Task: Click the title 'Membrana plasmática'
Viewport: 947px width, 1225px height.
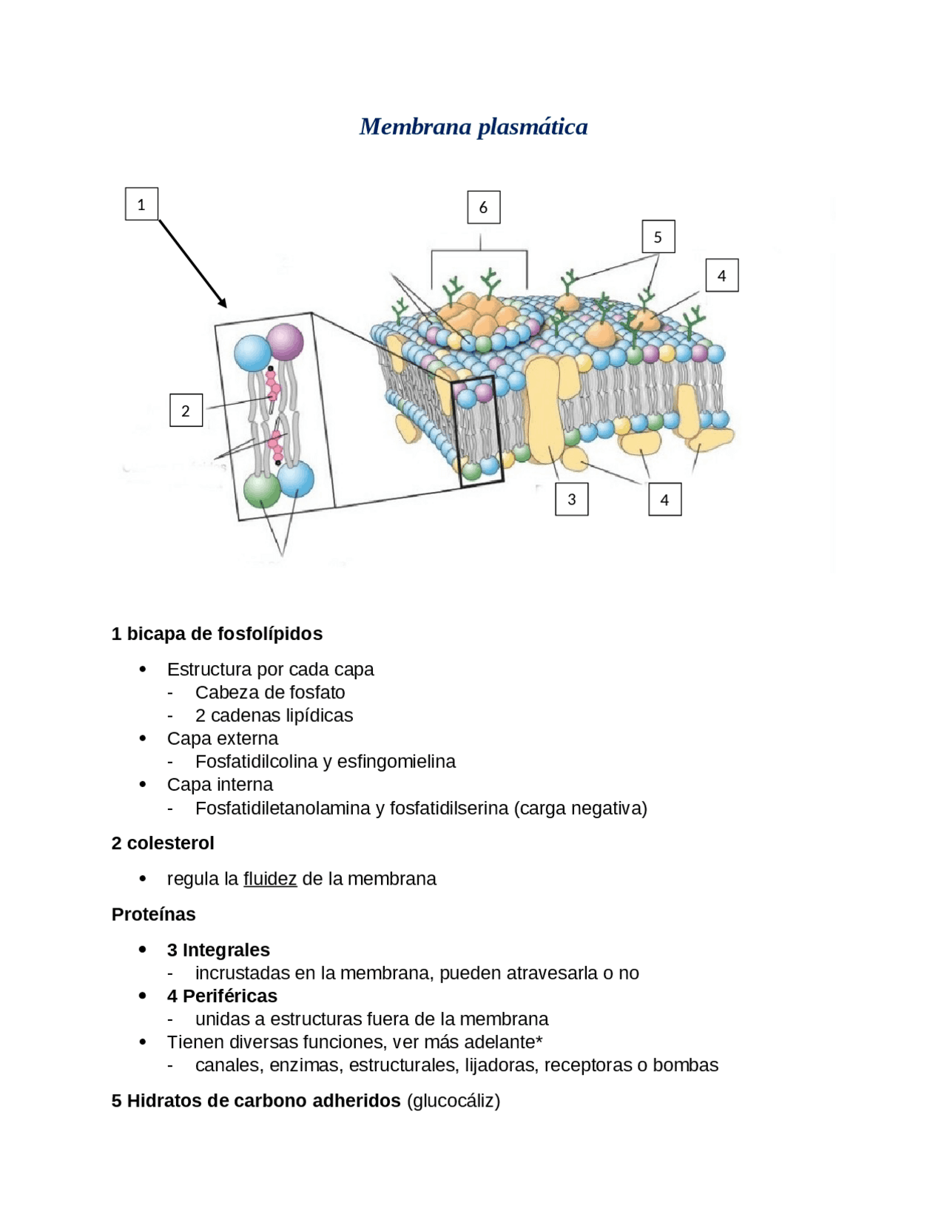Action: coord(473,126)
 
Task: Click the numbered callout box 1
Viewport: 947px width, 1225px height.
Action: coord(141,204)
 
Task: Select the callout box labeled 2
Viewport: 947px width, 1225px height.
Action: coord(186,411)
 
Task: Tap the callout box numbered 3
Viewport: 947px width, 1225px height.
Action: coord(572,499)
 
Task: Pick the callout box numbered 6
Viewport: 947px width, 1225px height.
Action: coord(484,207)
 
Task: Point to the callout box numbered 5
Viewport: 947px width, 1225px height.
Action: coord(658,237)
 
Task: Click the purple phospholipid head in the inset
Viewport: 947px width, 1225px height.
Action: coord(285,342)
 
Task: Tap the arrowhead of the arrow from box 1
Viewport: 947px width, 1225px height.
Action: coord(223,303)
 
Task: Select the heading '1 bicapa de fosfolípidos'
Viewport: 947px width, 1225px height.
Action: coord(217,634)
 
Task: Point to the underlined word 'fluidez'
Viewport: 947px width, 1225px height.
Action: coord(270,879)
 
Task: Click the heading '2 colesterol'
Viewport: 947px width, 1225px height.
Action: coord(163,843)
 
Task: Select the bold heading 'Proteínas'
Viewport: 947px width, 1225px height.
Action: coord(154,914)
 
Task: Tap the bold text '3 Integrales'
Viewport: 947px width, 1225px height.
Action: coord(218,950)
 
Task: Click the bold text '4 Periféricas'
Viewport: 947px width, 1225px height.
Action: coord(222,996)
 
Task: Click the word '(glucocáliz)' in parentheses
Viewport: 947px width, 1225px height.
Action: coord(454,1101)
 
